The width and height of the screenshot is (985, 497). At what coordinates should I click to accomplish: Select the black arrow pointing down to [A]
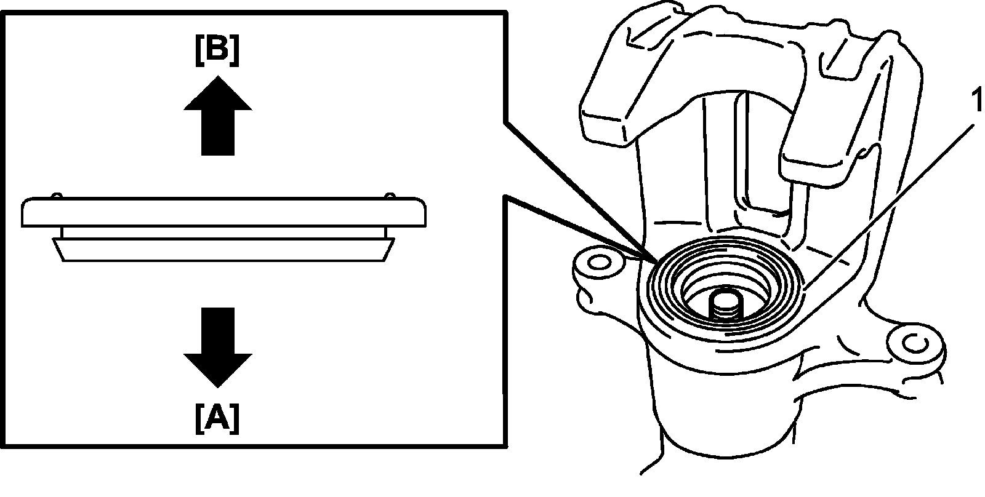(218, 348)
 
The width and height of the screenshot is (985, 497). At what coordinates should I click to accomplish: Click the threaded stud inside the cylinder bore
(725, 305)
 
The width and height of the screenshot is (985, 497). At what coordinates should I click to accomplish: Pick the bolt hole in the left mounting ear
(595, 263)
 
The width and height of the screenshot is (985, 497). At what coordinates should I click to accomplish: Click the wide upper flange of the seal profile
(223, 212)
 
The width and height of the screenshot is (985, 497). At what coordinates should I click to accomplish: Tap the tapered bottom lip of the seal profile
(223, 250)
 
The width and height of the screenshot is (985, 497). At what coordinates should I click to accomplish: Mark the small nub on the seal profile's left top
(57, 196)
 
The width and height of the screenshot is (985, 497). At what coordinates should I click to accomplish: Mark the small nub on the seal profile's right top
(391, 196)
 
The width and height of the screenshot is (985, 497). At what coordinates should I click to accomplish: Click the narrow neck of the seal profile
(223, 233)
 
